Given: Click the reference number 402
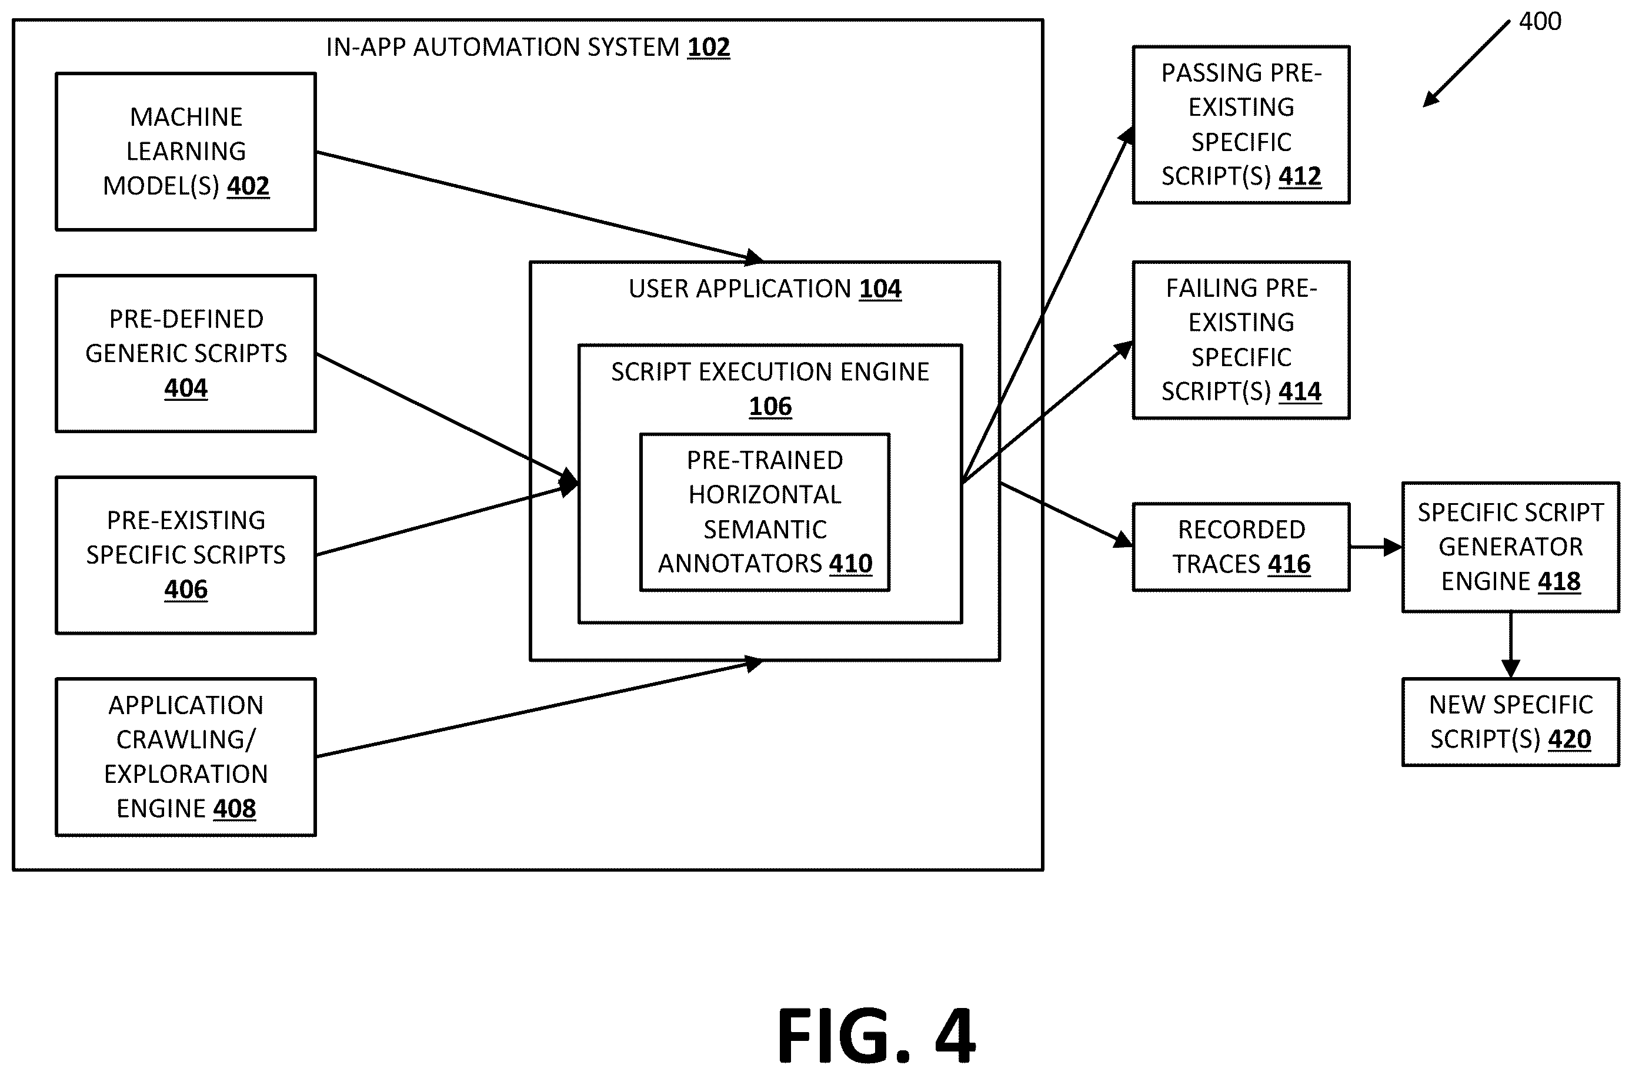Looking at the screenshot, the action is [x=248, y=186].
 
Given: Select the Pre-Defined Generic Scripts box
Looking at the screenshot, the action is [x=186, y=354].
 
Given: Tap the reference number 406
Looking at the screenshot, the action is [x=186, y=589].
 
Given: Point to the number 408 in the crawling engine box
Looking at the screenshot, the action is [x=235, y=808].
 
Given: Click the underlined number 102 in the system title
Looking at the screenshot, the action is [x=709, y=46].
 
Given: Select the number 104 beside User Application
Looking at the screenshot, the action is [x=880, y=289].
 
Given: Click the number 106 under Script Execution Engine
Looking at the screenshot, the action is [x=770, y=406].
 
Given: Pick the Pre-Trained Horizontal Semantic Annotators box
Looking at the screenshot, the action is [x=765, y=512].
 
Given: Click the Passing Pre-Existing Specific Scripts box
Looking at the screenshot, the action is [x=1241, y=125].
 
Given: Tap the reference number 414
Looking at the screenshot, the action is [x=1300, y=391].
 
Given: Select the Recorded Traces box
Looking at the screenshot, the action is [x=1241, y=547].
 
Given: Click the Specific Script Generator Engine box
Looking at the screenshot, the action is [x=1511, y=547].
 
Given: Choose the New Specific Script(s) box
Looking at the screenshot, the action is [x=1511, y=722].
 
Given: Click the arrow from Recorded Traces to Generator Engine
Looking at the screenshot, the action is [x=1376, y=547].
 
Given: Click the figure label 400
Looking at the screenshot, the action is [x=1540, y=21].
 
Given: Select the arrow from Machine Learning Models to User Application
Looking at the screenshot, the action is [x=539, y=206].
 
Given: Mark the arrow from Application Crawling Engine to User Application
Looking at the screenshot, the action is [x=539, y=708].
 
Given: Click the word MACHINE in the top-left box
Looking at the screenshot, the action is [x=186, y=117].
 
